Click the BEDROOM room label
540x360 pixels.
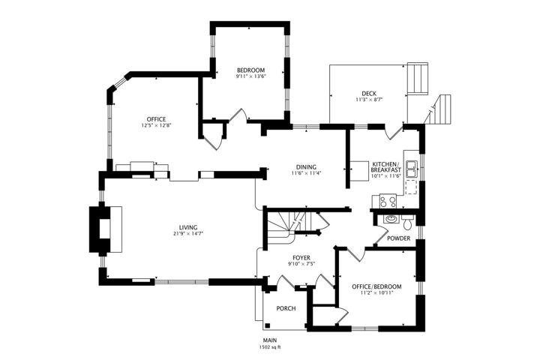(250, 70)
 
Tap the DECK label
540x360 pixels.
(369, 93)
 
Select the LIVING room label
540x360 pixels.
(188, 227)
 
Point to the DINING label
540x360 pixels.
(306, 167)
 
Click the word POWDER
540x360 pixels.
(399, 238)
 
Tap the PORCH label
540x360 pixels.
(286, 308)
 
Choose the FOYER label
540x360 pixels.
(301, 258)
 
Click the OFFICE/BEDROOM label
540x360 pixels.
(376, 286)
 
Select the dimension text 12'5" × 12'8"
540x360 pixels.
(157, 125)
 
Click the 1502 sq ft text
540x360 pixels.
(270, 347)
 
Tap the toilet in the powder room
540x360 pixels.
(408, 223)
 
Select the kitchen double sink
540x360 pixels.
(411, 169)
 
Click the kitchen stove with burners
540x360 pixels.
(388, 201)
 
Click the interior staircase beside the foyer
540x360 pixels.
(289, 226)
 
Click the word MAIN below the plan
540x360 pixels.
(270, 340)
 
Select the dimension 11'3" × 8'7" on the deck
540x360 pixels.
(369, 100)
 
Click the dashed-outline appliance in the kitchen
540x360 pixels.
(411, 187)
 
